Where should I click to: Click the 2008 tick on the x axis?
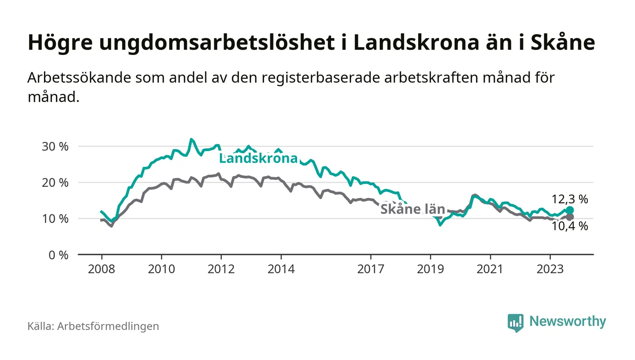(101, 269)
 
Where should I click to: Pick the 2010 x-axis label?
(161, 269)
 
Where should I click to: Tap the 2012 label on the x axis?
(221, 269)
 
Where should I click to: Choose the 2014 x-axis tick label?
(281, 269)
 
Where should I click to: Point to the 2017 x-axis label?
(371, 269)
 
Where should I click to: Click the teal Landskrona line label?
(259, 158)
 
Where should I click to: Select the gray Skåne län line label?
(412, 209)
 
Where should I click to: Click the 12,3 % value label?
(570, 199)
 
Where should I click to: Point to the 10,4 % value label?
(570, 226)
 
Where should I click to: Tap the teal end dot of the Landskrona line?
(570, 210)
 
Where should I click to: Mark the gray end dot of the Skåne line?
(570, 217)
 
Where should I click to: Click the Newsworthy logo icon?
(515, 322)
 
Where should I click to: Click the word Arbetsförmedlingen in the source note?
(108, 326)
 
